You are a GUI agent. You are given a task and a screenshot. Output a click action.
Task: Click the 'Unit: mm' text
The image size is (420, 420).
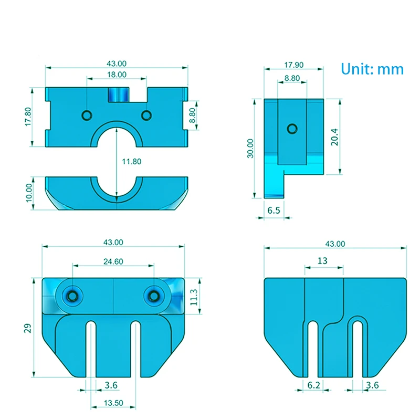pyautogui.click(x=372, y=69)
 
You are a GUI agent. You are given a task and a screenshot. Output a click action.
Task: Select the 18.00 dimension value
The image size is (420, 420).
pyautogui.click(x=117, y=75)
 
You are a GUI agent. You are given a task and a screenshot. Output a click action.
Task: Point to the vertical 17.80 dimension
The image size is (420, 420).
pyautogui.click(x=28, y=117)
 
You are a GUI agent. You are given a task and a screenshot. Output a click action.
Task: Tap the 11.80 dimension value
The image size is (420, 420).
pyautogui.click(x=132, y=162)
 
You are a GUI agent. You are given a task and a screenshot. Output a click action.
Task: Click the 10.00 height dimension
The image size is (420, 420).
pyautogui.click(x=29, y=193)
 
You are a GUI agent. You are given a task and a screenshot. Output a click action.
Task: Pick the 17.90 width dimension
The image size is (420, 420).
pyautogui.click(x=294, y=65)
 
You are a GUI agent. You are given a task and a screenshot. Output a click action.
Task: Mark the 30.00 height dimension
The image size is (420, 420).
pyautogui.click(x=250, y=149)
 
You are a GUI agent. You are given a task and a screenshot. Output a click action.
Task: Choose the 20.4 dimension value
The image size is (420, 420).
pyautogui.click(x=334, y=137)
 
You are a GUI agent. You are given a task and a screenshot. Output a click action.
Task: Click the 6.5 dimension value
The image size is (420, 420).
pyautogui.click(x=274, y=211)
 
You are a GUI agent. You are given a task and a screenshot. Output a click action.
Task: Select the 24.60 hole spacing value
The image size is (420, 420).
pyautogui.click(x=113, y=261)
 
